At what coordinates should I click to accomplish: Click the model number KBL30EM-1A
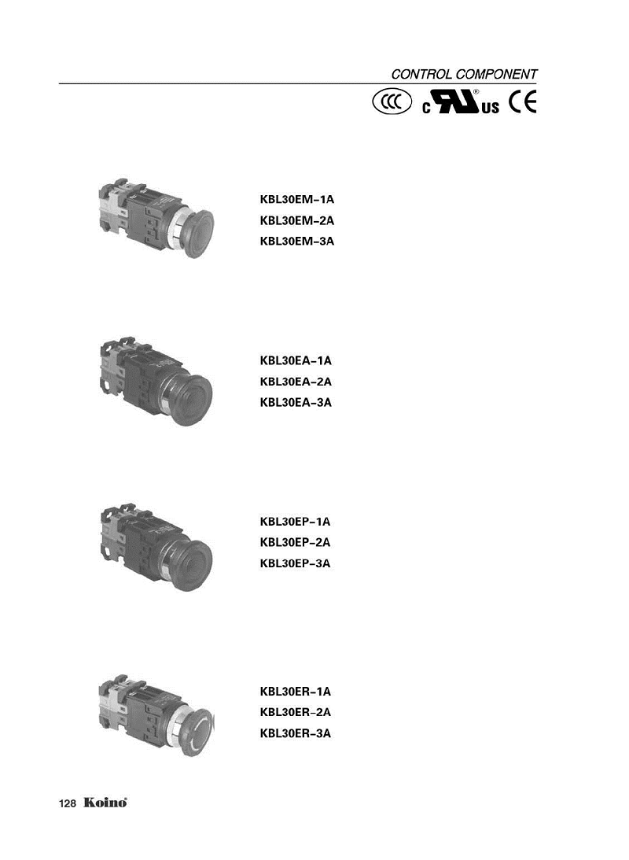pyautogui.click(x=297, y=200)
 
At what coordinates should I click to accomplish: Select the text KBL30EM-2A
pyautogui.click(x=297, y=220)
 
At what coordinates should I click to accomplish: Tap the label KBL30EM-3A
pyautogui.click(x=297, y=242)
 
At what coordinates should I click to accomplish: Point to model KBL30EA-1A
pyautogui.click(x=296, y=361)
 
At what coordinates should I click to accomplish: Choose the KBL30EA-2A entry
pyautogui.click(x=296, y=382)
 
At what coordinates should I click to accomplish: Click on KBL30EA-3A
pyautogui.click(x=296, y=403)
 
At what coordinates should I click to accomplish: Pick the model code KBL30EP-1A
pyautogui.click(x=296, y=522)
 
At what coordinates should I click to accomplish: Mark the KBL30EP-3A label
pyautogui.click(x=296, y=563)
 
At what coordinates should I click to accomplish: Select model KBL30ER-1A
pyautogui.click(x=296, y=692)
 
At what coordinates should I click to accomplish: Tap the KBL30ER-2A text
pyautogui.click(x=296, y=712)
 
